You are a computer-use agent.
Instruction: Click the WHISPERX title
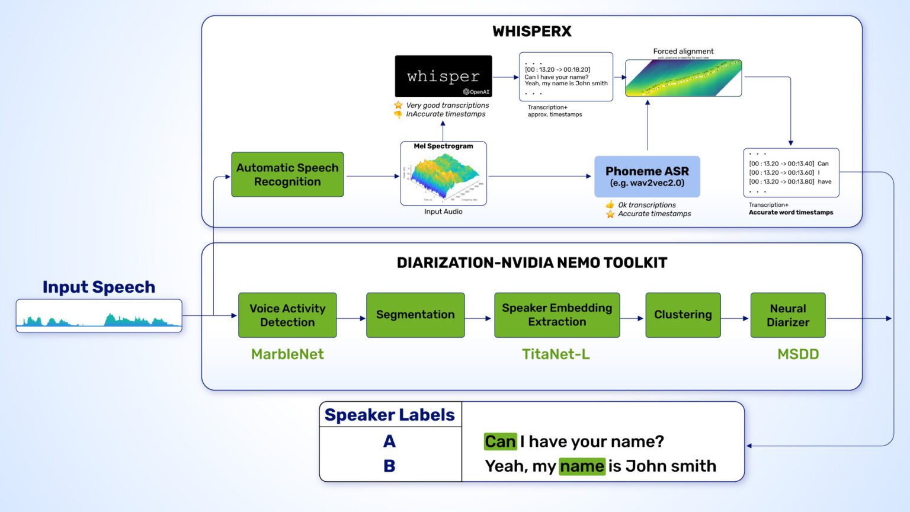pos(531,31)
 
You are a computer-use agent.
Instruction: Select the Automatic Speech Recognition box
pos(287,175)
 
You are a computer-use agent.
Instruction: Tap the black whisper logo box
pos(443,76)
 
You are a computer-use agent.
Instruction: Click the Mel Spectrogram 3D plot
pos(443,176)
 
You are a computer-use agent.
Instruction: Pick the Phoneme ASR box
pos(647,177)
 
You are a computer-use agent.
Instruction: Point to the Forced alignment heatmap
pos(683,78)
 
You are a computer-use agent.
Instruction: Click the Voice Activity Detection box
pos(287,315)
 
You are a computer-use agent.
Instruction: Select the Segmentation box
pos(415,315)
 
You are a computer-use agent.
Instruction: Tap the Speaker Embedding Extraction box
pos(557,315)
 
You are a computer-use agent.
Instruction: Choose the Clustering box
pos(683,315)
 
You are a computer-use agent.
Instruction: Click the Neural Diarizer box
pos(787,315)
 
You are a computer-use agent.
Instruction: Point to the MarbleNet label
pos(287,354)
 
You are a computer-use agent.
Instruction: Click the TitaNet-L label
pos(556,354)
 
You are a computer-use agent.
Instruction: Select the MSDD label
pos(798,354)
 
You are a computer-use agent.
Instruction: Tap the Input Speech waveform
pos(99,316)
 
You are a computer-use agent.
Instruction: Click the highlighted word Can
pos(500,441)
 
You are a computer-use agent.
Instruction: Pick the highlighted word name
pos(582,466)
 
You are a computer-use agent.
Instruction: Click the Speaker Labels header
pos(390,415)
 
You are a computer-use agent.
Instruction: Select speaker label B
pos(389,466)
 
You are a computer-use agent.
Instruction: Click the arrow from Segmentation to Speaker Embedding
pos(479,318)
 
